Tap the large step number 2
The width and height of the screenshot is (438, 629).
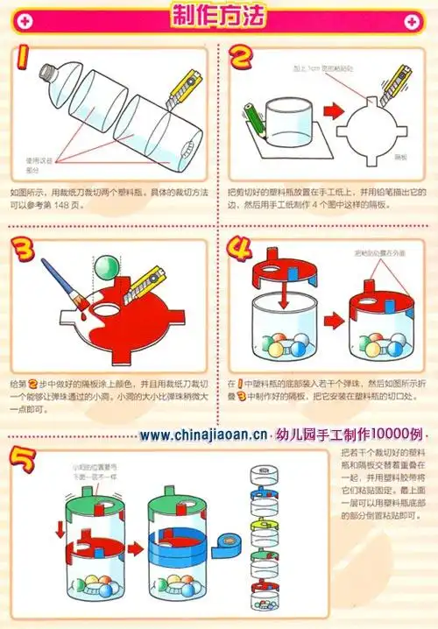pos(242,61)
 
